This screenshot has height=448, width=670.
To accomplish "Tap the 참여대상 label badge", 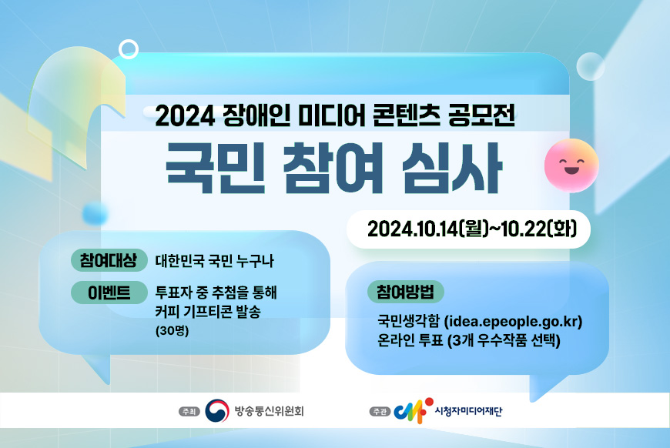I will [x=108, y=260].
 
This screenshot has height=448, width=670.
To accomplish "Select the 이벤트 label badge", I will [x=108, y=293].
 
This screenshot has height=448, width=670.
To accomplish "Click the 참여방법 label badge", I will [x=405, y=293].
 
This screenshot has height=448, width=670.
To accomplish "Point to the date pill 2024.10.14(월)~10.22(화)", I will [x=467, y=229].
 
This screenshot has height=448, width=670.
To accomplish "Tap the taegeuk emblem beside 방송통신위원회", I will [x=217, y=411].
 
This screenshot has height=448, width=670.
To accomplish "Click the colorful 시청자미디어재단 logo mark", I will [x=408, y=411].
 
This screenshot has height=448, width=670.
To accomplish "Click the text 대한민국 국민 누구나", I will [x=214, y=261].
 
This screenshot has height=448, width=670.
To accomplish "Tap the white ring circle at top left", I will [x=129, y=50].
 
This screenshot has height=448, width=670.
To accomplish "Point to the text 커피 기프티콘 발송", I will [x=208, y=312].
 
